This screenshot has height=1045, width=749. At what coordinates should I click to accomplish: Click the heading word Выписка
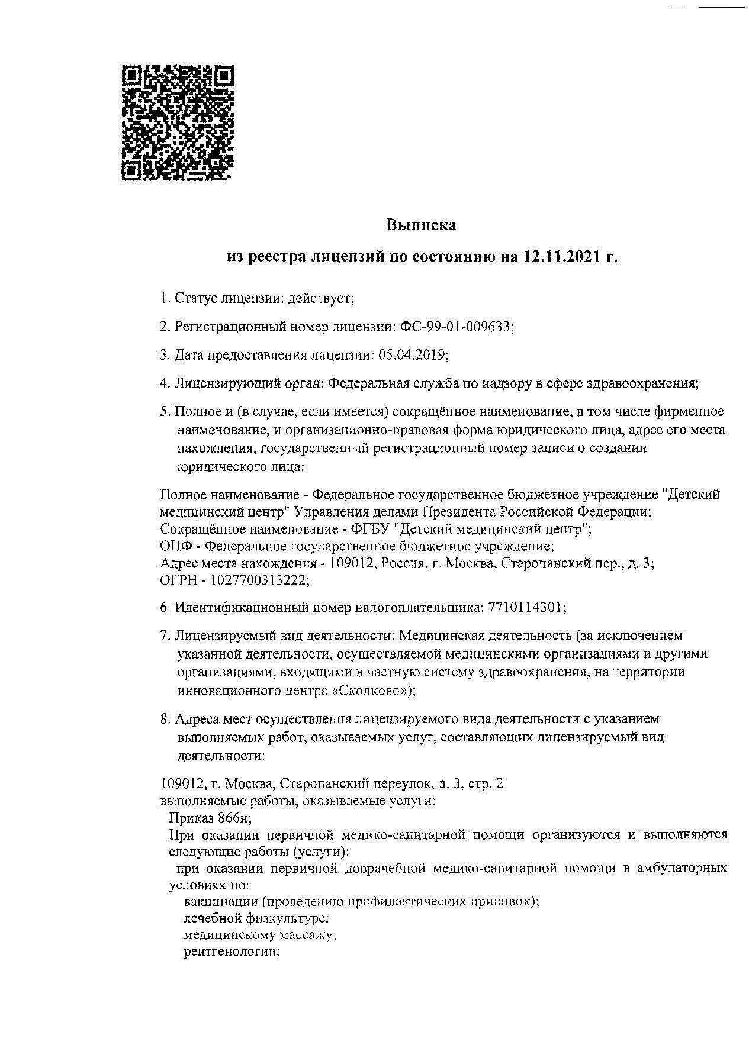422,225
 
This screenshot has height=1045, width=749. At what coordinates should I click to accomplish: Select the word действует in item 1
320,298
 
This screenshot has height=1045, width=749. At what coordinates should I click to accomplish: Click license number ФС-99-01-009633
457,327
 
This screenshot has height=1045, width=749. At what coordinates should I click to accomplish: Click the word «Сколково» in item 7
370,691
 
